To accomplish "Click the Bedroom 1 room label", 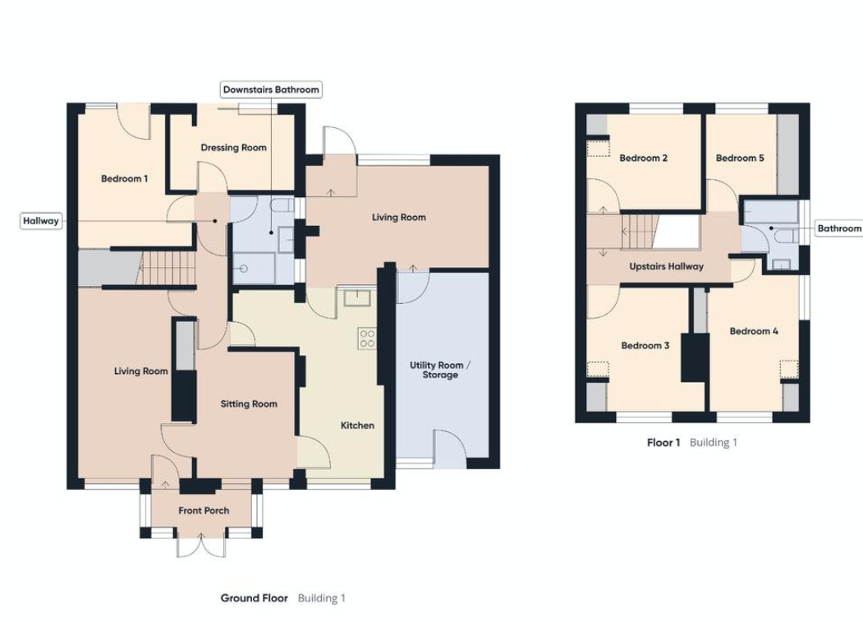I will point(124,178).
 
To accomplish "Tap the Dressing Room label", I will point(233,148).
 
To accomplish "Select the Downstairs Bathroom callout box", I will point(271,89).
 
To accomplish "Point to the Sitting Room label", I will point(249,403).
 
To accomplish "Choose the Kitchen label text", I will point(357,425).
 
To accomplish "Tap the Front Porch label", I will point(204,510).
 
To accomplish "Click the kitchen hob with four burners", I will point(367,339).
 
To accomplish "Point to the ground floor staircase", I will point(164,268).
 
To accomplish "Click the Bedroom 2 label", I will point(643,158).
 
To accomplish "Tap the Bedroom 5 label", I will point(740,158).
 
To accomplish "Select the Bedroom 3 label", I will point(645,346).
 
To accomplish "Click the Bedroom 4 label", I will point(754,331).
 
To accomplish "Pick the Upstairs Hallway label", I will point(666,266).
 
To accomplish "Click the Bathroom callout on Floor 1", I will point(838,228).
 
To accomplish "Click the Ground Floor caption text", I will point(254,597).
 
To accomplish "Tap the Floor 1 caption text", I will point(663,442).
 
